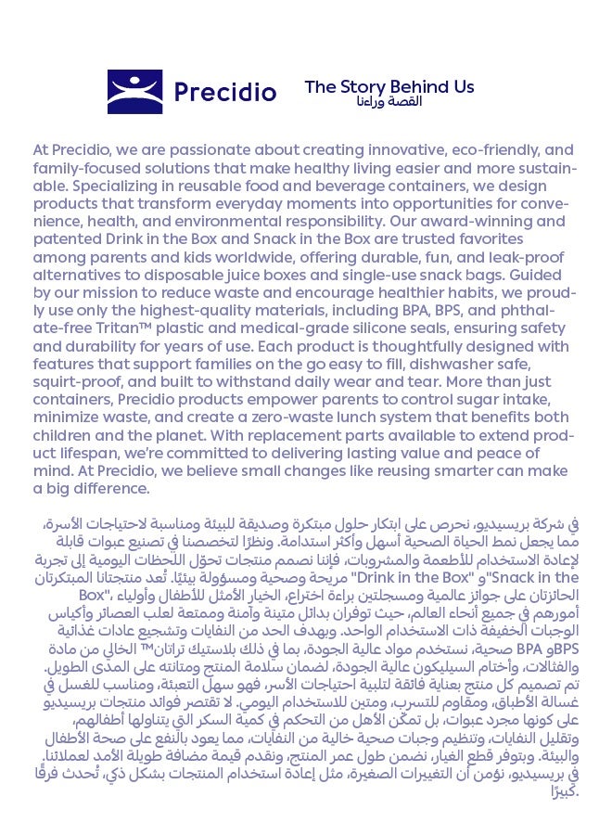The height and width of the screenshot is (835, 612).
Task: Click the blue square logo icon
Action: [x=134, y=92]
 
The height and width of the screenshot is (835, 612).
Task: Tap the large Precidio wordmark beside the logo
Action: [x=225, y=93]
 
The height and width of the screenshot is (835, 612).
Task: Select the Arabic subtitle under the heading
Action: [x=389, y=101]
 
